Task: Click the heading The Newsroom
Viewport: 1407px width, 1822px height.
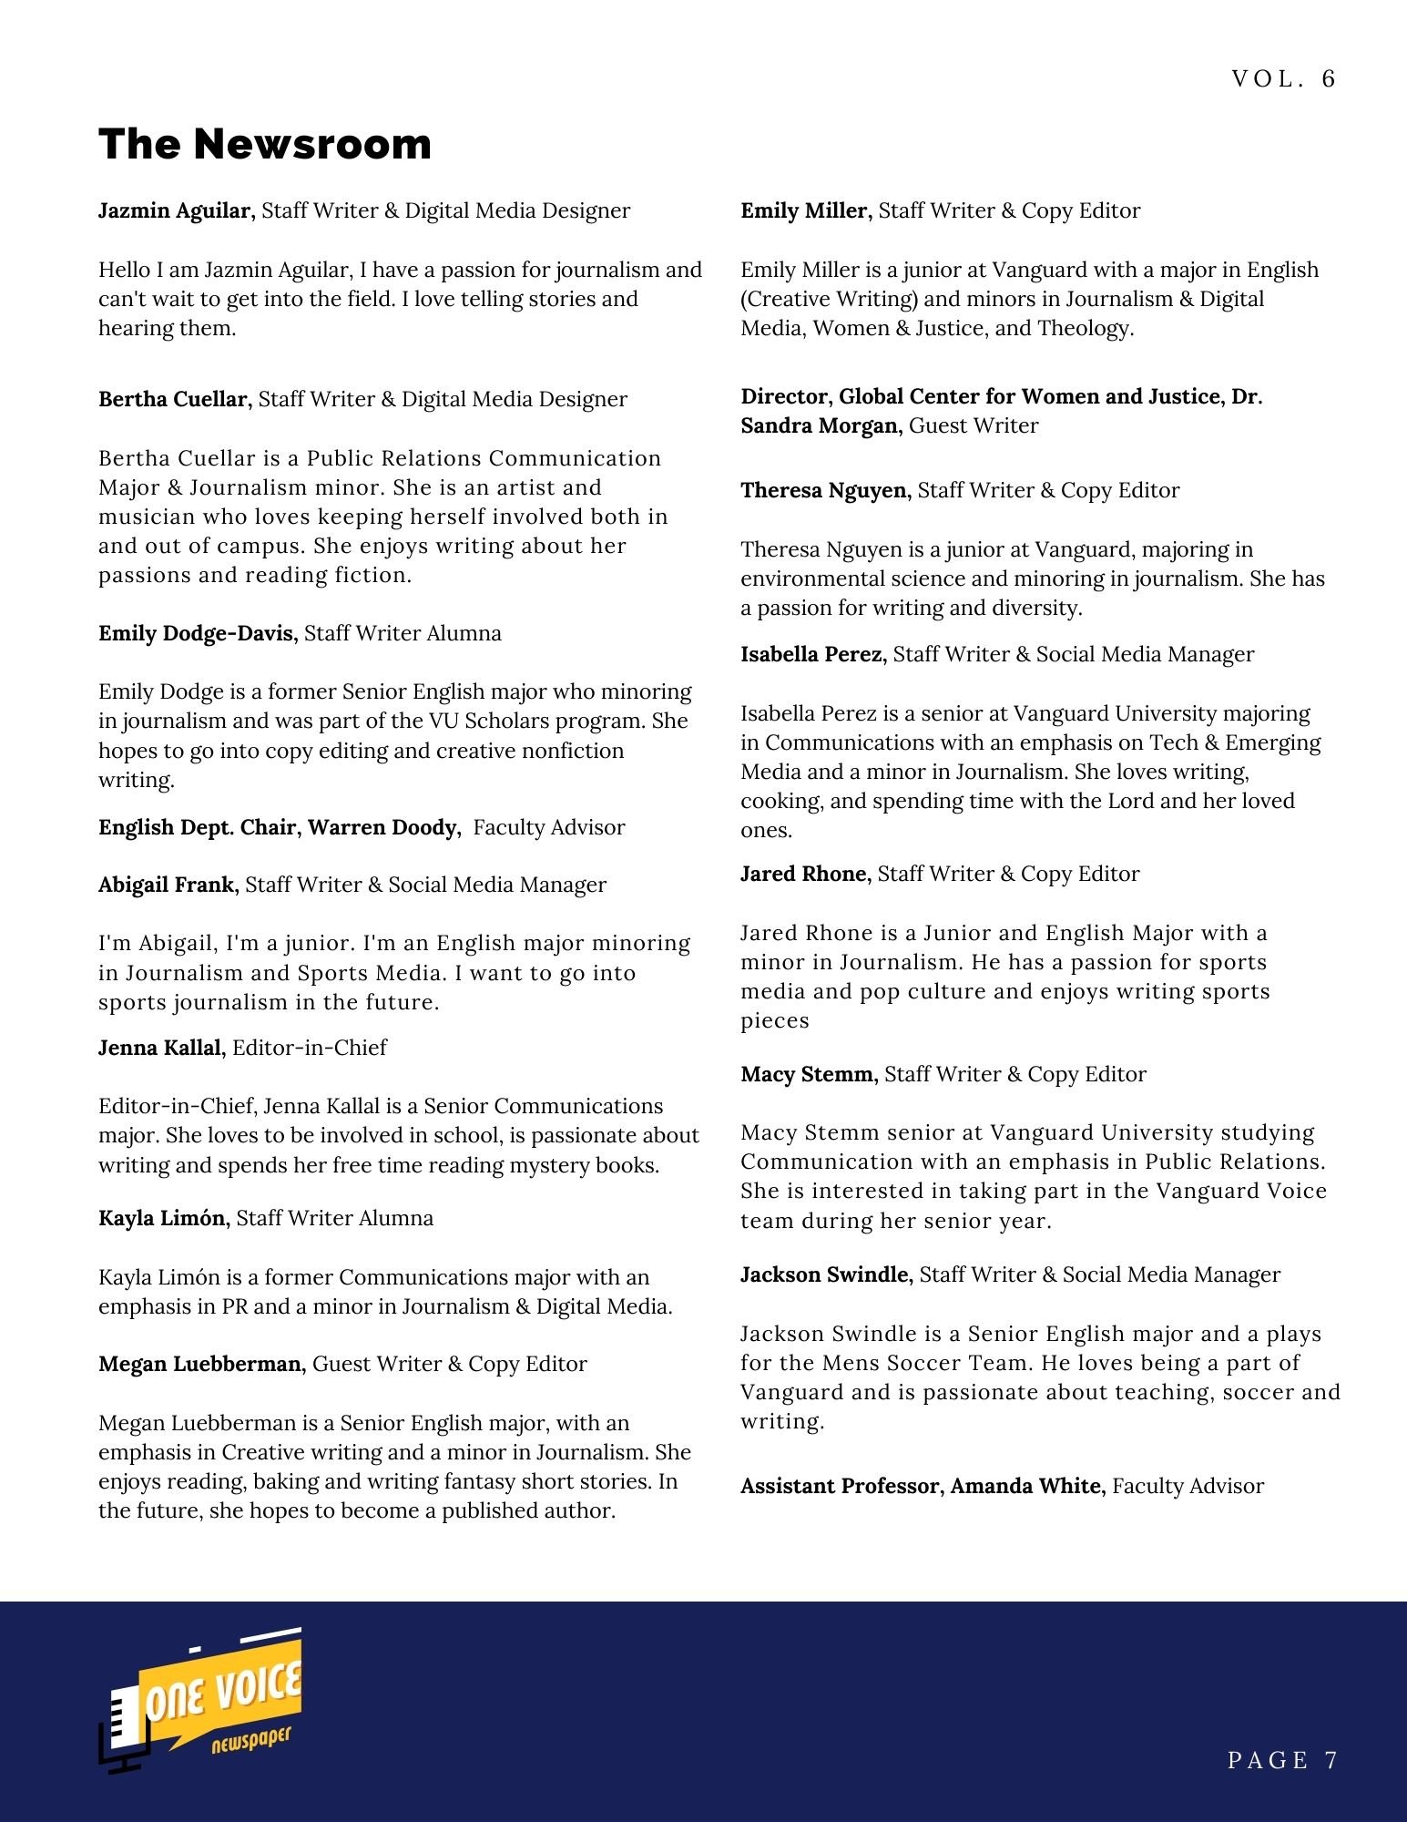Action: pyautogui.click(x=264, y=144)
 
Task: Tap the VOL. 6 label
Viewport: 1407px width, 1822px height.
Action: pyautogui.click(x=1282, y=79)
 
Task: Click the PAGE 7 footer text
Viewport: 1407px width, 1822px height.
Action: pyautogui.click(x=1281, y=1760)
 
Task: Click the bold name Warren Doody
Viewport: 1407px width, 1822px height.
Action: pyautogui.click(x=382, y=827)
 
